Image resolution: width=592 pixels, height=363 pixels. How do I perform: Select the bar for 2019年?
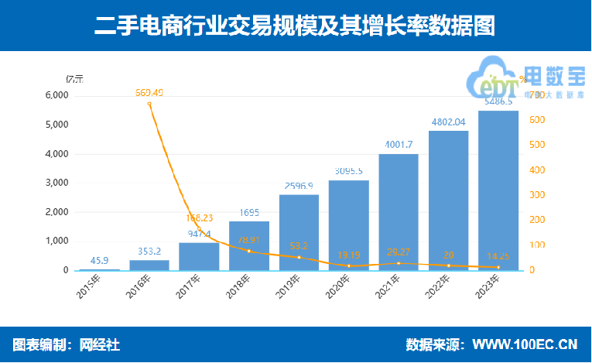(299, 232)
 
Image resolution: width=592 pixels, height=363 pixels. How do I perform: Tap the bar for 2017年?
(199, 256)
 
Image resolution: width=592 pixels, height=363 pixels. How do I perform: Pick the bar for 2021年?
(399, 212)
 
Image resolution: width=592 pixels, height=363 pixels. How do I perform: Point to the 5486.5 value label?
(498, 101)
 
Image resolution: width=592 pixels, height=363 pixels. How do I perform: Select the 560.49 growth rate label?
(149, 93)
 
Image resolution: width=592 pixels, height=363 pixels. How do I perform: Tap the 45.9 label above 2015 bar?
(99, 261)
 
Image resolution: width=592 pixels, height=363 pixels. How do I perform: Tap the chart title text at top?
(295, 26)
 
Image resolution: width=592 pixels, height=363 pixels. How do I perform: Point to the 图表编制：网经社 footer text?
(67, 344)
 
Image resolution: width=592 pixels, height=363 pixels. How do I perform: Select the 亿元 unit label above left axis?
(74, 78)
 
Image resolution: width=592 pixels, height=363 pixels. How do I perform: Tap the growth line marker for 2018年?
(249, 251)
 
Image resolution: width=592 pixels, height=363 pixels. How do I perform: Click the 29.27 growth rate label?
(399, 252)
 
